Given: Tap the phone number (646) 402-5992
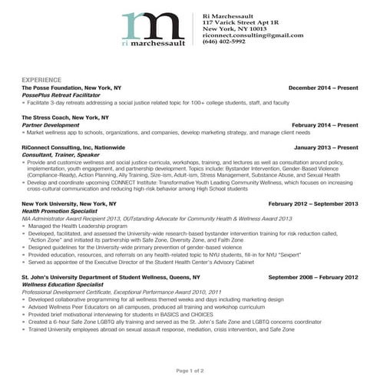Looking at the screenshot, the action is click(224, 41).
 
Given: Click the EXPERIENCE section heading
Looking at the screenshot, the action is click(42, 80).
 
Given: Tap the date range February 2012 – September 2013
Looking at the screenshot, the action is click(313, 203).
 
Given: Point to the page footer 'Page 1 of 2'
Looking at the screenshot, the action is click(190, 371).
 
